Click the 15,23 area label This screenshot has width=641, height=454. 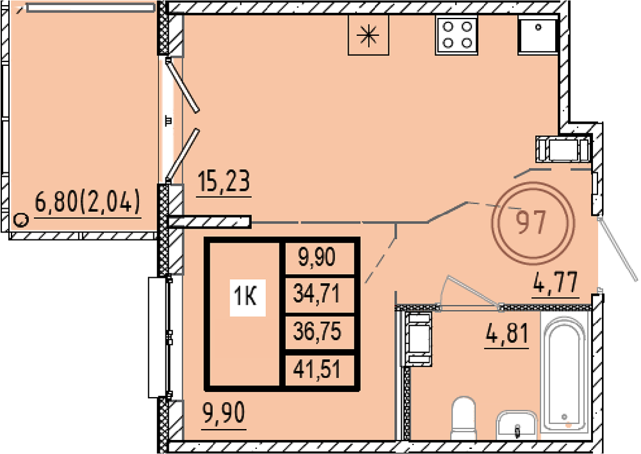[224, 182]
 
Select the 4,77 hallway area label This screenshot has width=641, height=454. [555, 282]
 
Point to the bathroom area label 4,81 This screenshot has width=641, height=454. [507, 334]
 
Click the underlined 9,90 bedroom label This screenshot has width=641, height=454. [224, 413]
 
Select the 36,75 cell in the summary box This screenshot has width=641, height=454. [317, 332]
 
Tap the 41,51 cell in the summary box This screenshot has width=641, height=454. [317, 370]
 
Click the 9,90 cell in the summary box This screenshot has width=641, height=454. [317, 257]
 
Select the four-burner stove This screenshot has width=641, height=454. [457, 35]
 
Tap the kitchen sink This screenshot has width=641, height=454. [538, 35]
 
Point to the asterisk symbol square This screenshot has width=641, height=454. [368, 35]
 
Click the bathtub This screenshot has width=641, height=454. [564, 373]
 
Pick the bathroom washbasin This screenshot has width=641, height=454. [516, 425]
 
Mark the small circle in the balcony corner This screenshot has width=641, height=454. [21, 220]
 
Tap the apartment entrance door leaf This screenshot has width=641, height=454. [617, 249]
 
